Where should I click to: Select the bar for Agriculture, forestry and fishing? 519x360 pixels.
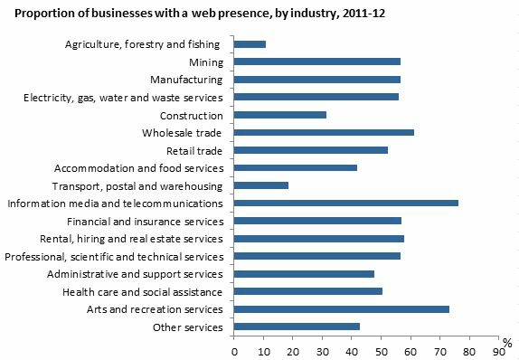point(250,43)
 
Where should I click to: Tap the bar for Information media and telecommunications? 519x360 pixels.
point(345,203)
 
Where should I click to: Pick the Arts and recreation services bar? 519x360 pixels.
point(341,309)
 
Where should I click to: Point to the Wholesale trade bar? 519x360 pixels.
point(324,132)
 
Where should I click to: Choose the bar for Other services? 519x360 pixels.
point(297,327)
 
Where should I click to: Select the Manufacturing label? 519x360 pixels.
point(191,80)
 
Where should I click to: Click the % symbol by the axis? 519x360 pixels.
point(508,342)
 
